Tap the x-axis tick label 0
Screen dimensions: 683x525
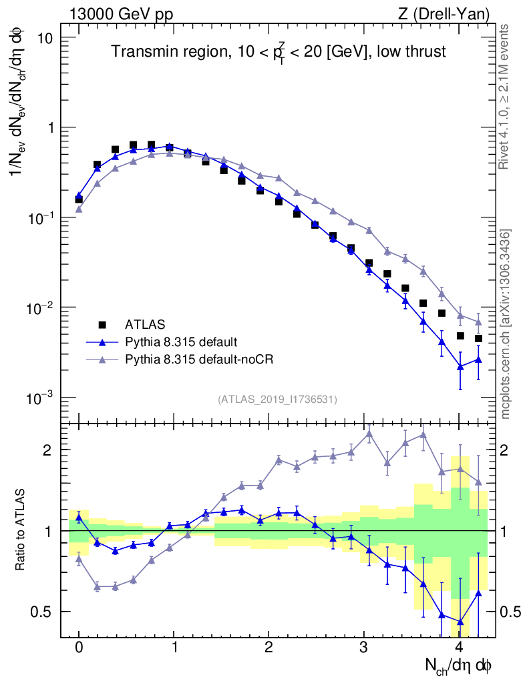(x=79, y=648)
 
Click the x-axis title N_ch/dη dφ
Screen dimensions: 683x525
(x=459, y=665)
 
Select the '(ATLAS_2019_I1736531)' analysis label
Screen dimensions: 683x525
(x=277, y=399)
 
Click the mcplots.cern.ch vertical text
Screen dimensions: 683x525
(x=506, y=323)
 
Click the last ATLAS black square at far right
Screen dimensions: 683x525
(x=478, y=338)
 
